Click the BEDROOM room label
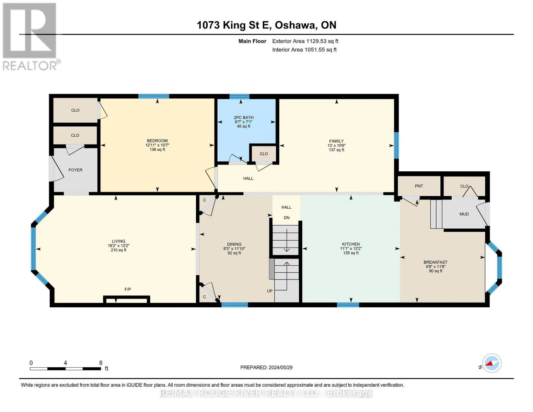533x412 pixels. click(157, 141)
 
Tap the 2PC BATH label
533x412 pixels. click(244, 117)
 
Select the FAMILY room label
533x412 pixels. click(336, 141)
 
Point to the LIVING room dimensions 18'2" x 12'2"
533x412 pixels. click(118, 245)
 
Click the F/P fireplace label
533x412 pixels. click(128, 289)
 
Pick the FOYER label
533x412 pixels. click(75, 170)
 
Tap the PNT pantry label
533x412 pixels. click(419, 186)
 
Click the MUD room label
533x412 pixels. click(464, 214)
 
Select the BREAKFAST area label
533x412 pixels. click(436, 262)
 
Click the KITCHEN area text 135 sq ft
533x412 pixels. click(351, 253)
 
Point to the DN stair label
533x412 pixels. click(287, 218)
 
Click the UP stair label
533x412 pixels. click(269, 291)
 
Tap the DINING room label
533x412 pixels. click(234, 244)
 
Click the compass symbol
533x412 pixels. click(491, 363)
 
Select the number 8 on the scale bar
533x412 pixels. click(101, 363)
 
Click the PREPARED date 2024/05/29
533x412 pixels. click(280, 368)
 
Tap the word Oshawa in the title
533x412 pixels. click(295, 25)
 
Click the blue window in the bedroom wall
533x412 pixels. click(153, 96)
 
